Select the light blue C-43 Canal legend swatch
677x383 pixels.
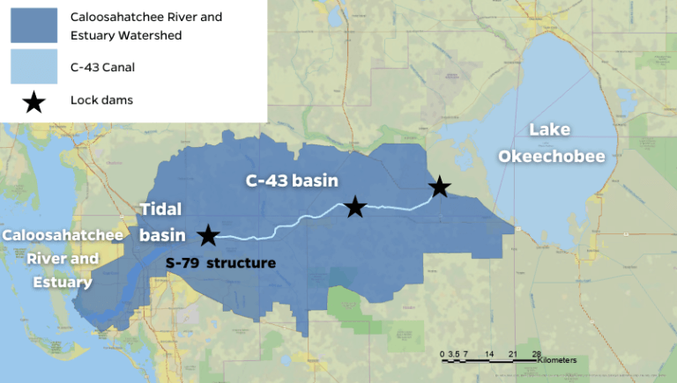pos(33,66)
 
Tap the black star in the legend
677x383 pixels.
pos(33,102)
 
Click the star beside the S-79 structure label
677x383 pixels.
pos(207,235)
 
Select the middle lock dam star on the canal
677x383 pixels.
pos(354,207)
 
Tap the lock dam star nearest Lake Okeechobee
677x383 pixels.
pos(439,187)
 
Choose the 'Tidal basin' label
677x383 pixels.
pos(160,222)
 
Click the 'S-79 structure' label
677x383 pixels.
pos(221,262)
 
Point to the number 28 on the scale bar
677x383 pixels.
pos(536,353)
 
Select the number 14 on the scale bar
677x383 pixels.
pos(488,353)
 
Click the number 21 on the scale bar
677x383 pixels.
pos(512,353)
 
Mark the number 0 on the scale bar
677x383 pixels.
pos(444,353)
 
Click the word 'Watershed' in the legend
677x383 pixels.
pos(162,35)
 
